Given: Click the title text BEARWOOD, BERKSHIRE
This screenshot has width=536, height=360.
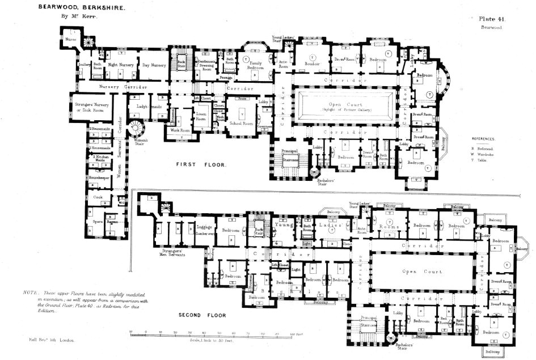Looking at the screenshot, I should (82, 7).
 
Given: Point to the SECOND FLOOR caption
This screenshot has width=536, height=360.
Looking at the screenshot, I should (202, 315).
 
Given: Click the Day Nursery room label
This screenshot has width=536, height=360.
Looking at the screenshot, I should (154, 65).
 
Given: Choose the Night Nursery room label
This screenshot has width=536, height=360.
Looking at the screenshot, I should (121, 65).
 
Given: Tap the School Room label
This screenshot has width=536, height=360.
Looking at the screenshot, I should (240, 122).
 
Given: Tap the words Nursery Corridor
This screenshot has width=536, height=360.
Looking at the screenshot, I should (123, 87).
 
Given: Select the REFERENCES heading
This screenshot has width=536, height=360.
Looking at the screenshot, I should (483, 138).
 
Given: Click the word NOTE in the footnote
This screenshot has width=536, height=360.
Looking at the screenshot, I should (29, 291).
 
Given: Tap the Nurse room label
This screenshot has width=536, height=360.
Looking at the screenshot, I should (70, 40).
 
